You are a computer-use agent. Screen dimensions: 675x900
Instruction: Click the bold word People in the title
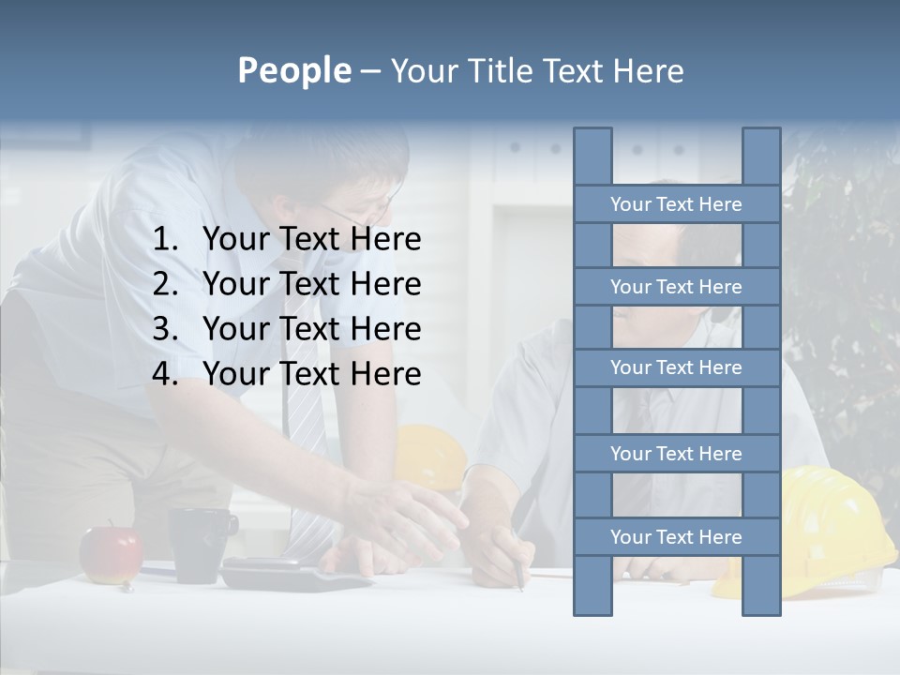coord(293,70)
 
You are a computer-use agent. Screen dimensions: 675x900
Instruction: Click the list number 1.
coord(164,240)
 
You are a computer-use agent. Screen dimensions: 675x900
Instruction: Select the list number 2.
coord(164,284)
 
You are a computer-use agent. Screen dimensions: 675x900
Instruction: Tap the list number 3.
coord(164,329)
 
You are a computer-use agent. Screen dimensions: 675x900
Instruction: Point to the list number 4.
coord(164,374)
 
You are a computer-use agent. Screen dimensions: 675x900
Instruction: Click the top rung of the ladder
coord(676,204)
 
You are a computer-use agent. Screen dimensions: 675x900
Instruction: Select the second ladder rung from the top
coord(676,287)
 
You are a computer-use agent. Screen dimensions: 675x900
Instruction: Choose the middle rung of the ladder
coord(676,367)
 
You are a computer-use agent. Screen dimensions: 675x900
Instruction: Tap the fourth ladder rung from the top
coord(676,454)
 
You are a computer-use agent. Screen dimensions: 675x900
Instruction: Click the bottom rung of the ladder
coord(676,537)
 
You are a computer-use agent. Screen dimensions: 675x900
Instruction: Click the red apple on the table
coord(110,553)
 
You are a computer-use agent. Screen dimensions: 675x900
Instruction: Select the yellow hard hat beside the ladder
coord(825,525)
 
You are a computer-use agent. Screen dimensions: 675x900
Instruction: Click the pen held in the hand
coord(517,572)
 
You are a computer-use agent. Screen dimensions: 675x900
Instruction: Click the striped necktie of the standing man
coord(302,412)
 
